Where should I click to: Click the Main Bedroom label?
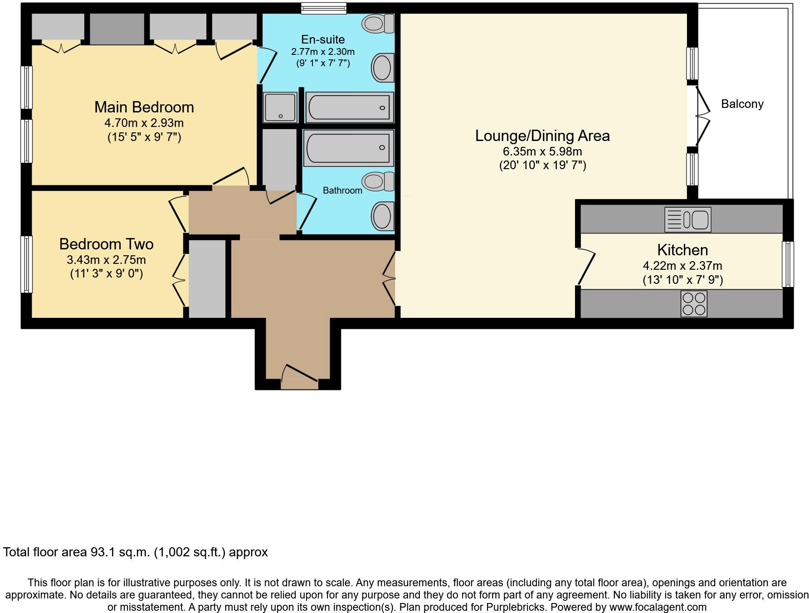[144, 107]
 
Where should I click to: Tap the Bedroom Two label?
[106, 244]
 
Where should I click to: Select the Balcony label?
[742, 104]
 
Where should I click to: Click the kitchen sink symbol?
[687, 219]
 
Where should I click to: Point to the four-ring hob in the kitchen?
[693, 304]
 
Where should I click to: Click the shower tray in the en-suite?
[280, 107]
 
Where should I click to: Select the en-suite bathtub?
[349, 107]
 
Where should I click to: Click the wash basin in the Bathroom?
[382, 216]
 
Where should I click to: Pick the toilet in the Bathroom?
[379, 181]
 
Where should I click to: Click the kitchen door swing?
[585, 267]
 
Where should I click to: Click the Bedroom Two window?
[27, 264]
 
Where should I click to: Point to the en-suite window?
[324, 8]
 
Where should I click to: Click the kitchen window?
[788, 264]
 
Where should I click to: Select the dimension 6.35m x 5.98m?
[542, 151]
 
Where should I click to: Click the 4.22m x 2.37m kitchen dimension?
[682, 266]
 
